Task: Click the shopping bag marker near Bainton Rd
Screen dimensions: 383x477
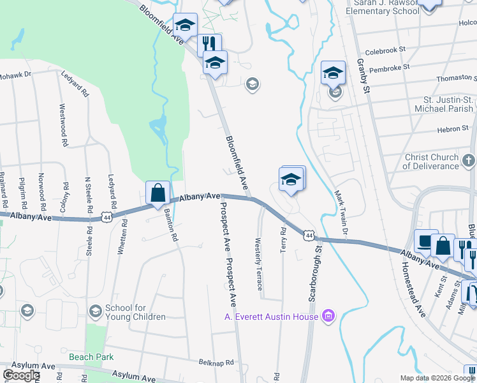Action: click(x=158, y=193)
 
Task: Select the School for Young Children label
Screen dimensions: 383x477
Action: click(x=135, y=312)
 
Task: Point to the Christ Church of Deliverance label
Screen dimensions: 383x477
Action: click(x=432, y=161)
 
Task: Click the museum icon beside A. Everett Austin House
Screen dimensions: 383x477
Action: click(x=329, y=315)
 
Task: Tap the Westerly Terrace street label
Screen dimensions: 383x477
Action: click(x=258, y=264)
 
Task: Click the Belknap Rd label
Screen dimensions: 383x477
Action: click(x=216, y=362)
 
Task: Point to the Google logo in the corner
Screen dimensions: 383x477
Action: click(x=21, y=375)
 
